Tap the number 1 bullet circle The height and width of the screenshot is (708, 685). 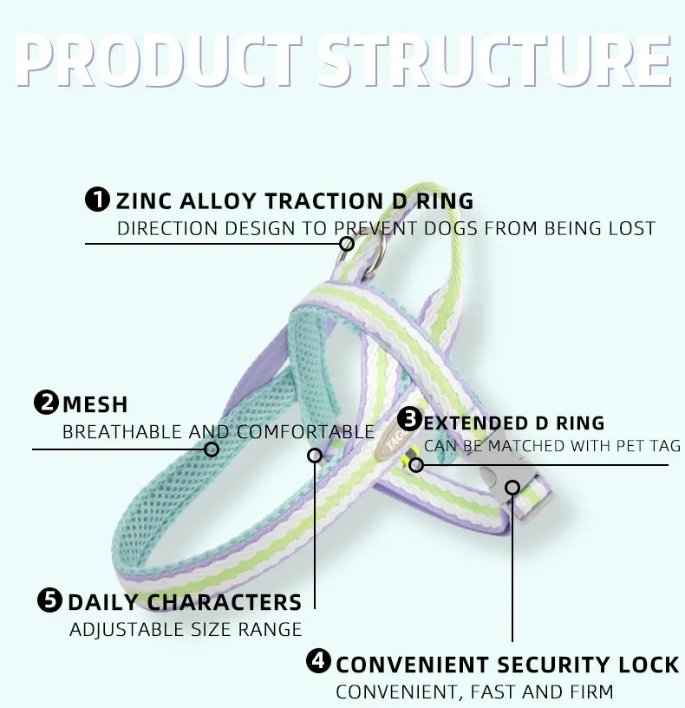pos(98,200)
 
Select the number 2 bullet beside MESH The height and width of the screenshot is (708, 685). pos(46,403)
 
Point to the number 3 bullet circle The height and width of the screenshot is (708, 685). pos(409,422)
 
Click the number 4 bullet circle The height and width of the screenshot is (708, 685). pos(319,664)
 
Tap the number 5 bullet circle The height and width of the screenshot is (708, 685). pos(50,600)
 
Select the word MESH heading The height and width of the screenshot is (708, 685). pos(95,404)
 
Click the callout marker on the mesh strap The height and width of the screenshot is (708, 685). pos(211,449)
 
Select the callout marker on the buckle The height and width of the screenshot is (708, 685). pos(512,487)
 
